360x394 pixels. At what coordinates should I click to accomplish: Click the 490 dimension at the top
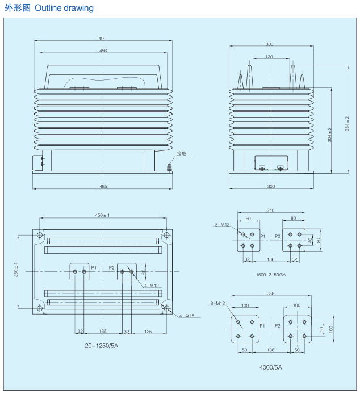102,39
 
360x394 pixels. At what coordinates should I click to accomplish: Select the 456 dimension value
103,51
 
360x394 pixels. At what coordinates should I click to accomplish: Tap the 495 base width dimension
103,186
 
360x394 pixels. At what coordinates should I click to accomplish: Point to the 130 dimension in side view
269,57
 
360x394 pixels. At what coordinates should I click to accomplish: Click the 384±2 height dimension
347,123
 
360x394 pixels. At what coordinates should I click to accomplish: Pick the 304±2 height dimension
329,135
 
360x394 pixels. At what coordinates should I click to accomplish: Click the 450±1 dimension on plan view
102,215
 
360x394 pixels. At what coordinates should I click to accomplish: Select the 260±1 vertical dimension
16,270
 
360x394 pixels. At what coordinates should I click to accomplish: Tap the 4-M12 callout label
152,286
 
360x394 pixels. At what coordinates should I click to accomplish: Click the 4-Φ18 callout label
187,316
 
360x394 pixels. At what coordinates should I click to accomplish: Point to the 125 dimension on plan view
148,332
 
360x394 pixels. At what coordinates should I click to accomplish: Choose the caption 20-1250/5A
101,346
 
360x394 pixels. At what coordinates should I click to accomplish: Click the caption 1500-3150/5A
271,275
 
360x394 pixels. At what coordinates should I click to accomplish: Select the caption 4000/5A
271,367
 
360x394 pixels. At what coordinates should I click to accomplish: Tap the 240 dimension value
270,210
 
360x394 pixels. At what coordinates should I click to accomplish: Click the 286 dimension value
270,294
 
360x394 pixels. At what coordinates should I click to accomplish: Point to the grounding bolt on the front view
169,167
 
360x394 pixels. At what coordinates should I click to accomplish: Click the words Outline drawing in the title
64,8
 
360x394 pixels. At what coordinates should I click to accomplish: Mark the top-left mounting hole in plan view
40,235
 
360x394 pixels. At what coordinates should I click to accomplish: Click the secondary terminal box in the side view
271,163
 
